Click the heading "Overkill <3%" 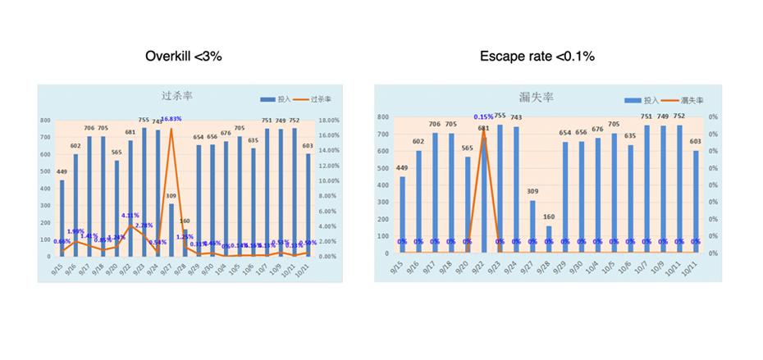click(x=184, y=57)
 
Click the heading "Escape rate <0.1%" click(x=537, y=57)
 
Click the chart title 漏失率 click(x=537, y=97)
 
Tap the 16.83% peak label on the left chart click(x=171, y=119)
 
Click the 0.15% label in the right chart click(x=484, y=117)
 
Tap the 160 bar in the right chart click(x=549, y=239)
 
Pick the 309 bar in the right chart click(x=532, y=226)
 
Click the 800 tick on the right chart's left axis click(x=384, y=117)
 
